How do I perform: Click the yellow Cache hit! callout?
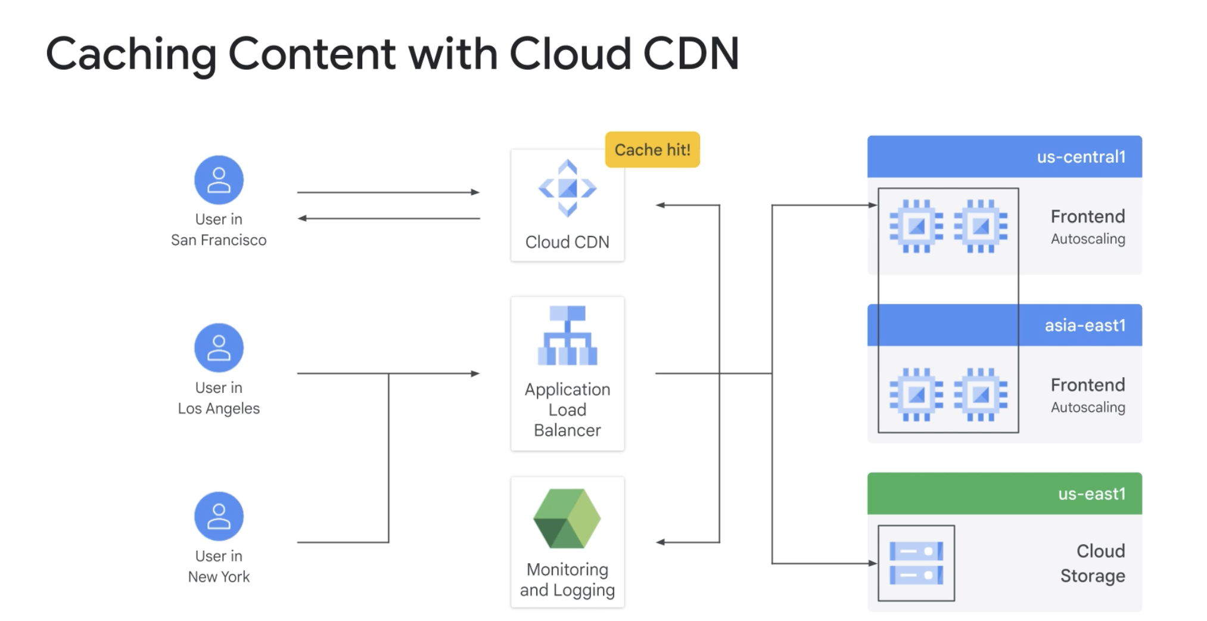[652, 150]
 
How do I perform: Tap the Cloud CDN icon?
[567, 188]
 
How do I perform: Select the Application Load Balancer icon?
[567, 336]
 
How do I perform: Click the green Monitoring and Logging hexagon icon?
[567, 518]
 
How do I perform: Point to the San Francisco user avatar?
[219, 180]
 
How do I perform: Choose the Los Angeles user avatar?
[219, 348]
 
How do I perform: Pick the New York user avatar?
[219, 516]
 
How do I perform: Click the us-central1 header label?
[1081, 157]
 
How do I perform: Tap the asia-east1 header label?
[1084, 325]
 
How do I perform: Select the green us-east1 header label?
[1091, 494]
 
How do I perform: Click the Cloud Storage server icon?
[916, 563]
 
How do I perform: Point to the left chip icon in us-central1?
[916, 226]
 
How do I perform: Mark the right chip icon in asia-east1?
[981, 395]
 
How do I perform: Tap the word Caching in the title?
[131, 54]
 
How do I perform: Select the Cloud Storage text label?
[1093, 563]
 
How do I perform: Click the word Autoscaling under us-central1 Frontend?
[1088, 239]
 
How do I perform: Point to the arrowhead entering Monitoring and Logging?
[660, 542]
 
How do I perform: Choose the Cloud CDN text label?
[567, 242]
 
